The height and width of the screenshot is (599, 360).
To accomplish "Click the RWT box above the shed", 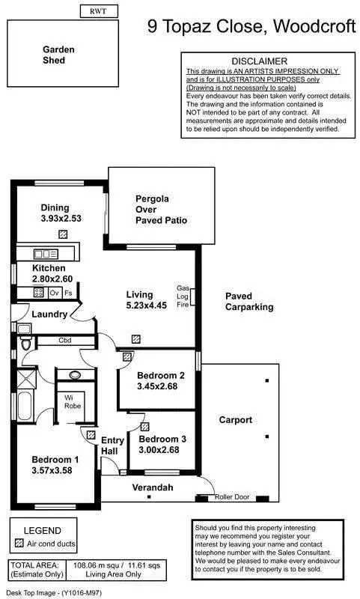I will click(x=97, y=11).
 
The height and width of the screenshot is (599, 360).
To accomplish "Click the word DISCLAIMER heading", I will click(x=259, y=61).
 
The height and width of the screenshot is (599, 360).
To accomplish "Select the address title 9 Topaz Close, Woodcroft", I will click(x=251, y=28).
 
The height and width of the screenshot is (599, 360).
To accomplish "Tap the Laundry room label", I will click(x=50, y=314).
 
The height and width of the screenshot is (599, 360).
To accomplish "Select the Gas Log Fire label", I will click(x=183, y=297).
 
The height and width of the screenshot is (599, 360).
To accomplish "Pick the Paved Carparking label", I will click(x=249, y=302).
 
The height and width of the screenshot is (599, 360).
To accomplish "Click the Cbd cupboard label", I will click(x=65, y=341).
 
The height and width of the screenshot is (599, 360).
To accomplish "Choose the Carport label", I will click(x=235, y=420).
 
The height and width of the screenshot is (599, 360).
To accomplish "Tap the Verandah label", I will click(x=153, y=487).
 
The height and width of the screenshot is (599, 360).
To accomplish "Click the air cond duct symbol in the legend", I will click(x=19, y=541).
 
